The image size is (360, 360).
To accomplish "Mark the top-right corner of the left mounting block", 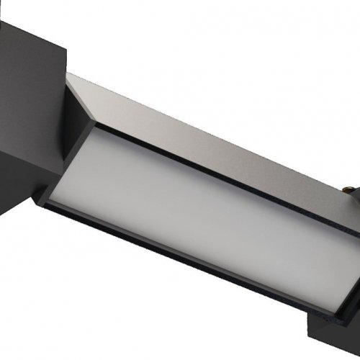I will pyautogui.click(x=66, y=48).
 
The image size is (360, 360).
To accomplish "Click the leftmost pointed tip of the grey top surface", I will pyautogui.click(x=67, y=75).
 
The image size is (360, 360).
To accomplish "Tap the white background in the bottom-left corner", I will pyautogui.click(x=43, y=317).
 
